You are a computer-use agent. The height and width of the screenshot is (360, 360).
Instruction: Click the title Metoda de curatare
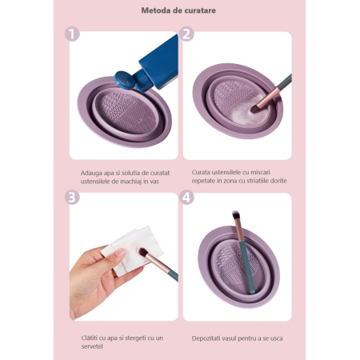180,11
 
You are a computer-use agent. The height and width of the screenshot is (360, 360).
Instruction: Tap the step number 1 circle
74,34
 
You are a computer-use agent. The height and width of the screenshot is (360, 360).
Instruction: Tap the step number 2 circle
187,34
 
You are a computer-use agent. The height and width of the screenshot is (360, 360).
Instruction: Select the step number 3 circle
74,197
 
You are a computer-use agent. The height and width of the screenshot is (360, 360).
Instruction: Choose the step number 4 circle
187,197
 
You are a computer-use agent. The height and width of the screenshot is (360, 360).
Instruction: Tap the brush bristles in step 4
237,219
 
